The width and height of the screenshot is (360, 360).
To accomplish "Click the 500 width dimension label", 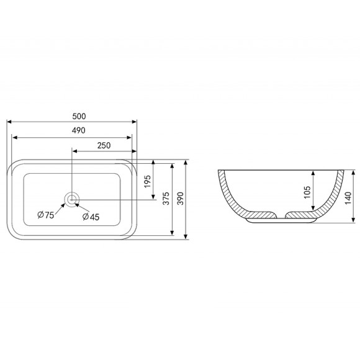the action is pos(79,117).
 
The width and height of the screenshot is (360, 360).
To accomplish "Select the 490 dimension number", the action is pos(79,130).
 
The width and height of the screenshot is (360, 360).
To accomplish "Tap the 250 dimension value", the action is pos(104,145).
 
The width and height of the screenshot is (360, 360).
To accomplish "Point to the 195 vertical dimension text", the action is pos(148,181).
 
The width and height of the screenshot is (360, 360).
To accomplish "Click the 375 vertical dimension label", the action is pos(166,199).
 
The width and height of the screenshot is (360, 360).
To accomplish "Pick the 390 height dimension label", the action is pos(181,199).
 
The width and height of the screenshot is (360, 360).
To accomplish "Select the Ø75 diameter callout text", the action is pos(46,215).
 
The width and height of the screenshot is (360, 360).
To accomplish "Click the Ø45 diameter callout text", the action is pos(91,217).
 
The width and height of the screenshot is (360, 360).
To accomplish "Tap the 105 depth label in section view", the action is pos(307,192).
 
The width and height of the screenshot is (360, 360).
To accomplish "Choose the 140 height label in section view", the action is pos(348,198).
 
